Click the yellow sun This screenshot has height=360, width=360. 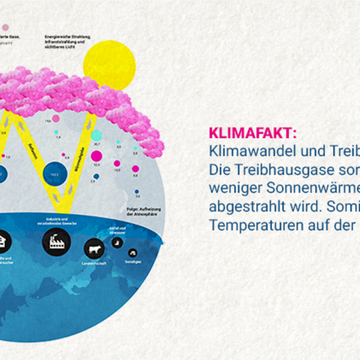[x=109, y=65]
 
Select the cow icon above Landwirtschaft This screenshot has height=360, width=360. [x=94, y=249]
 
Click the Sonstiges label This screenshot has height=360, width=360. [x=133, y=262]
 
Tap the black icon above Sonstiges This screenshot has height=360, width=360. [x=133, y=252]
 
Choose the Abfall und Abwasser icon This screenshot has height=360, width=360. [x=117, y=243]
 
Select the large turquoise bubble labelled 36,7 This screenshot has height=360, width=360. [x=96, y=136]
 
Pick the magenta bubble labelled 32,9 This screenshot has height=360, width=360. [x=96, y=156]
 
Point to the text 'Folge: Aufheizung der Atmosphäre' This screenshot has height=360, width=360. [x=140, y=211]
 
